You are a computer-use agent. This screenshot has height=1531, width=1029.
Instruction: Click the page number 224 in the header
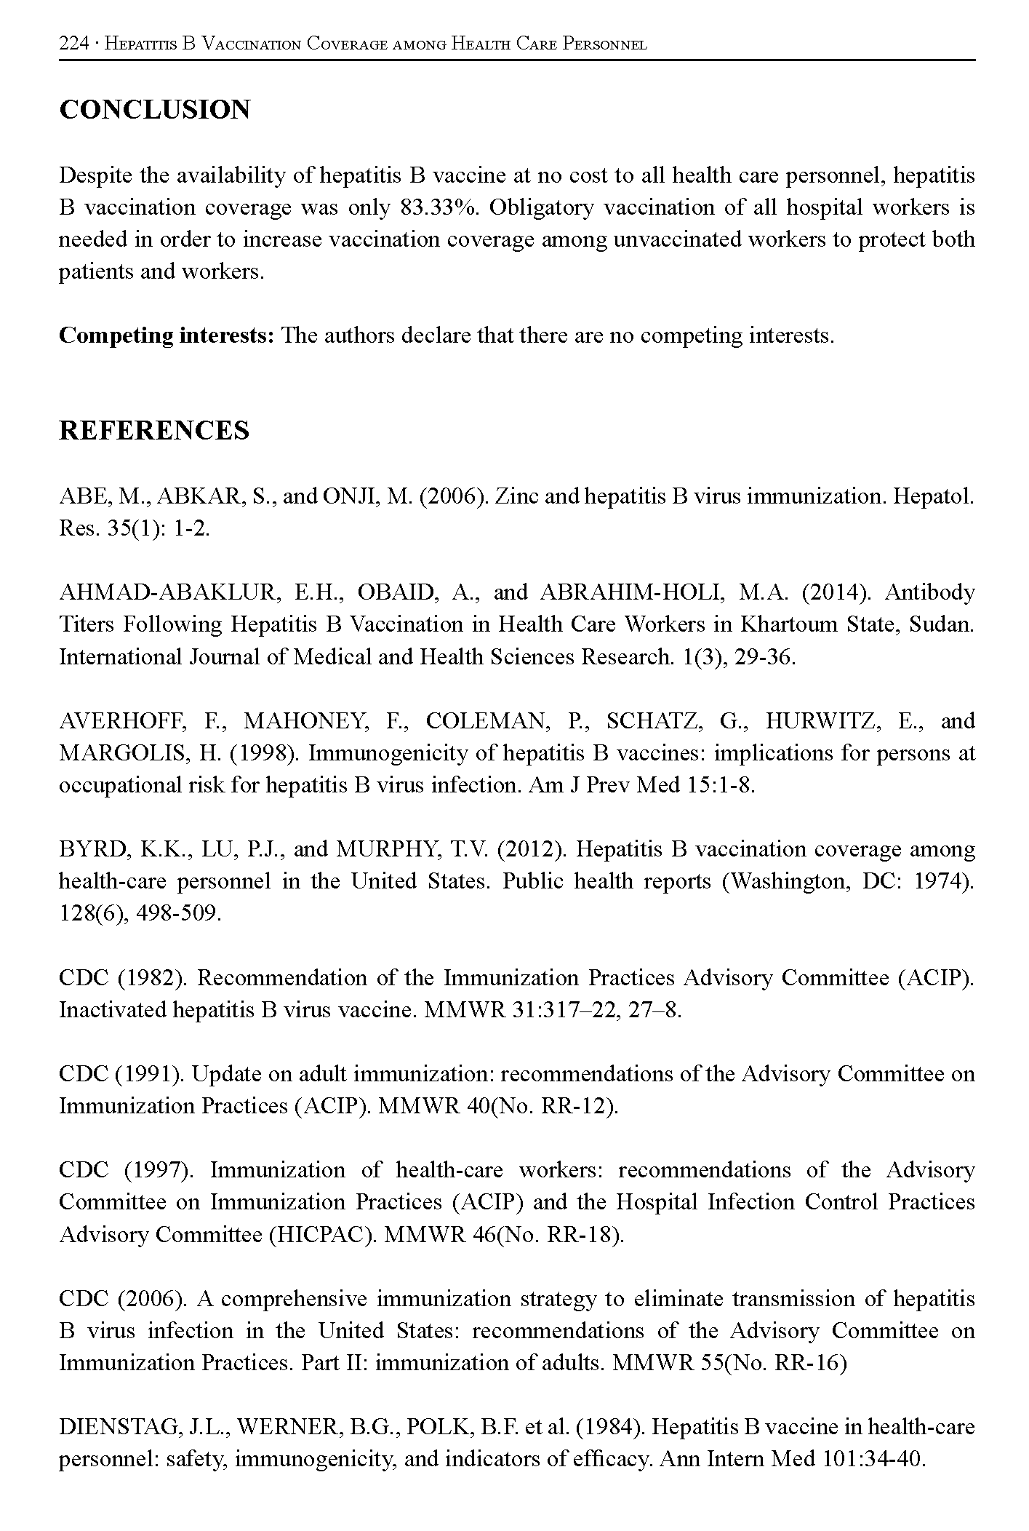pos(73,44)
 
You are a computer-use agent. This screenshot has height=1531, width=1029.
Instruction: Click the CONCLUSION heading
pos(154,110)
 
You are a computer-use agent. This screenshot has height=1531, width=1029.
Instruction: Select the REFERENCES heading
pos(153,430)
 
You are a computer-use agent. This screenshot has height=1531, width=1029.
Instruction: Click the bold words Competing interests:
pos(166,335)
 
